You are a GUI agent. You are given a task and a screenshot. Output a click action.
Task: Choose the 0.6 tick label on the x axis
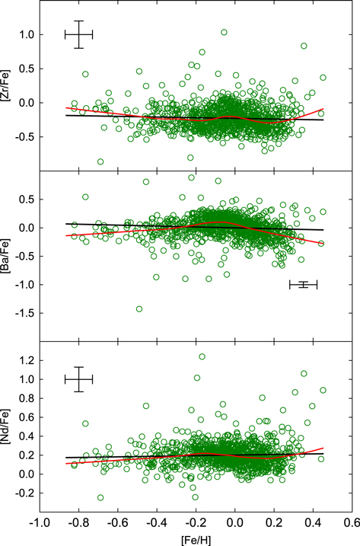351,523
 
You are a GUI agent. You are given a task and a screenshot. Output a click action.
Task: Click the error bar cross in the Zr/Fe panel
78,34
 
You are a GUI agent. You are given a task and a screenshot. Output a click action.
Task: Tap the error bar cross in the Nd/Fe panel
78,378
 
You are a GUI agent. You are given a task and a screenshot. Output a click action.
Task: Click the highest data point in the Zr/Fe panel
224,33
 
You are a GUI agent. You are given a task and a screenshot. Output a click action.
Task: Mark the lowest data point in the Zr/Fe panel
100,161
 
